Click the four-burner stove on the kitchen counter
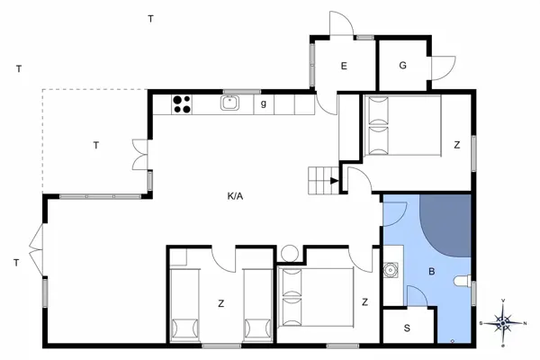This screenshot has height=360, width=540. pos(182,104)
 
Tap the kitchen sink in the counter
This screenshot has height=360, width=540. pos(230,103)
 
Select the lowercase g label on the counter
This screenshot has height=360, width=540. pos(263,103)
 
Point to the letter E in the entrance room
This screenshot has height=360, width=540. pos(343,66)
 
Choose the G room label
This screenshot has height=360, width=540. pos(402,65)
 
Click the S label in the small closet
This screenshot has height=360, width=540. pos(406,328)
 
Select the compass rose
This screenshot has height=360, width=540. pos(505,320)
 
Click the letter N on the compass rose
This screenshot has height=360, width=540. pos(526,320)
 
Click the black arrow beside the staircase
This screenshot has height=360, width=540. pos(335,181)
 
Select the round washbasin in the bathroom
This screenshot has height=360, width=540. pos(390,269)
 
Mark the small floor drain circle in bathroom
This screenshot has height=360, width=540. pos(452,339)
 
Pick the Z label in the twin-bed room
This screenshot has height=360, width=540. pos(220,303)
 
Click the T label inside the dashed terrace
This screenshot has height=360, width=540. pos(94,145)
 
